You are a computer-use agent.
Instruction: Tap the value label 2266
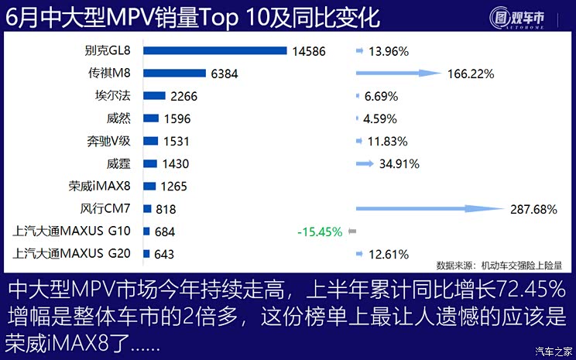coord(186,97)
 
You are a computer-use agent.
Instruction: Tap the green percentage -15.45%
coord(319,231)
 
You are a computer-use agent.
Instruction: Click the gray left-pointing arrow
coord(351,231)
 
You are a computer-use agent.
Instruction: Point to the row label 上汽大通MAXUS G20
coord(72,254)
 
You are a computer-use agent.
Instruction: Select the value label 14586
coord(310,52)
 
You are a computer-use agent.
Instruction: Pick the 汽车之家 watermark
coord(553,351)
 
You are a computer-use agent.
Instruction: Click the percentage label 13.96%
coord(389,52)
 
